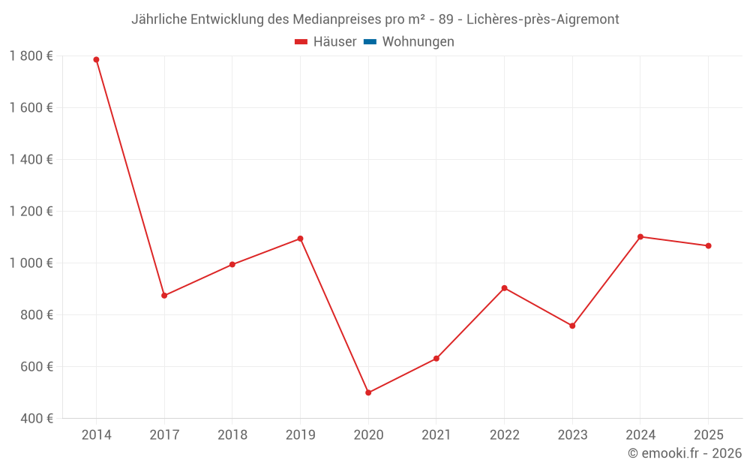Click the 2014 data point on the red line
(96, 59)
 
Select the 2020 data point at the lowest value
(368, 392)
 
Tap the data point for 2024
(640, 236)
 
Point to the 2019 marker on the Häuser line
(300, 239)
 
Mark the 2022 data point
(504, 288)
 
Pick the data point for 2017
(164, 296)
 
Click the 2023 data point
(572, 326)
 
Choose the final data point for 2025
(708, 245)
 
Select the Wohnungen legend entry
(418, 42)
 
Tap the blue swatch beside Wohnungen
(370, 42)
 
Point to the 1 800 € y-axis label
(31, 56)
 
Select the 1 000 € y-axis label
(31, 263)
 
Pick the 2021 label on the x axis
(436, 435)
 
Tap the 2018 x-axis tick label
(232, 435)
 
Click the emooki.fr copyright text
(685, 453)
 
